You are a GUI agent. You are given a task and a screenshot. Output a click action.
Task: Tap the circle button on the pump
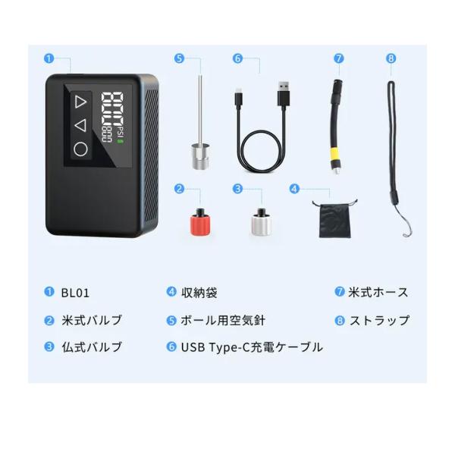(x=81, y=149)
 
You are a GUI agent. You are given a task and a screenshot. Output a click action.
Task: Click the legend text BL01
(x=75, y=292)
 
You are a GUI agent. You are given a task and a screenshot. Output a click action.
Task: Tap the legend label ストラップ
(x=379, y=320)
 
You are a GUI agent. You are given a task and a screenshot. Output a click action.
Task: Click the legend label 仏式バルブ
(x=92, y=347)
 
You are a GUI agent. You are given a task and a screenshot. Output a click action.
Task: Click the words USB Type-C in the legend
(x=212, y=347)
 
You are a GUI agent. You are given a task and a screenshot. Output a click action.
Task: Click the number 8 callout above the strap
(x=391, y=58)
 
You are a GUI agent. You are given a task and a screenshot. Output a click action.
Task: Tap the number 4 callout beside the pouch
(x=294, y=188)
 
